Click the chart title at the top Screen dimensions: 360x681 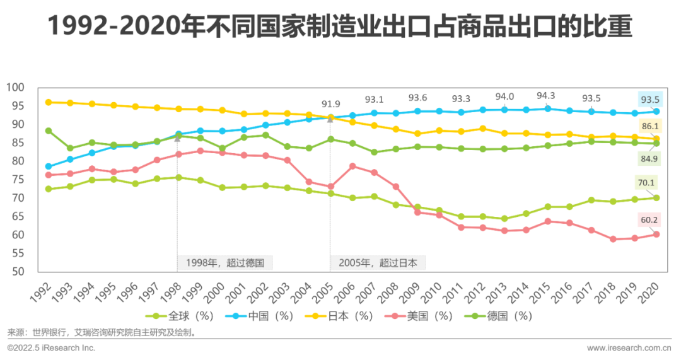point(340,27)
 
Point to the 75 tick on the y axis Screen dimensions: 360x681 point(16,180)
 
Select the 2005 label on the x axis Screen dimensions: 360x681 point(325,291)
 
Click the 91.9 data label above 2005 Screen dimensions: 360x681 point(330,104)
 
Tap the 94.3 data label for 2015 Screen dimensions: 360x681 point(546,96)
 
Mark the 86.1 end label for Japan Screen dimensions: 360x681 point(649,126)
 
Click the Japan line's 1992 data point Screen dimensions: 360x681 point(49,102)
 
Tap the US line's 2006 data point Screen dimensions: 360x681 point(352,166)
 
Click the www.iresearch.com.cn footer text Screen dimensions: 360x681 point(628,348)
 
